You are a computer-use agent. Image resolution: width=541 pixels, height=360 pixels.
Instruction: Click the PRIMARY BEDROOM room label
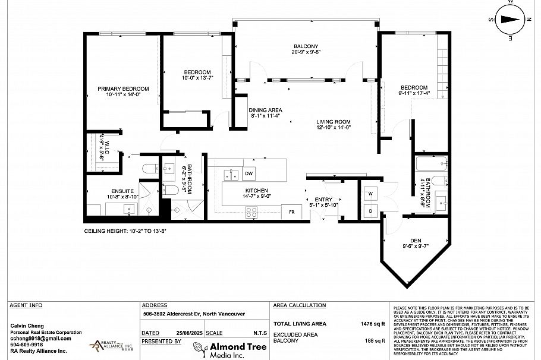[x=123, y=89]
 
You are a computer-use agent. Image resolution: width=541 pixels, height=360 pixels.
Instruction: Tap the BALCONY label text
[x=306, y=46]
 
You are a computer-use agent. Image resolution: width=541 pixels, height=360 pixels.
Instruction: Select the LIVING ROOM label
[x=334, y=122]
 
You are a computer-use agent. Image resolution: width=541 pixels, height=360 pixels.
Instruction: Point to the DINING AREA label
[x=265, y=110]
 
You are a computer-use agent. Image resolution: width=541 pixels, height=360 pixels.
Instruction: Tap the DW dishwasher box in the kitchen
[x=249, y=173]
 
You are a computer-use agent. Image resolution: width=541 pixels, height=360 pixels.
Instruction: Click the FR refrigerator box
[x=292, y=211]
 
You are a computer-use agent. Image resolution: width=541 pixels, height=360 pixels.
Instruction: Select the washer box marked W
[x=369, y=194]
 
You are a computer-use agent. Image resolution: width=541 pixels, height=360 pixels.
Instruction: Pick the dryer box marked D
[x=369, y=211]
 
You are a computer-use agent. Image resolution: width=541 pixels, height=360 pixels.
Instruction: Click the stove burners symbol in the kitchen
[x=251, y=211]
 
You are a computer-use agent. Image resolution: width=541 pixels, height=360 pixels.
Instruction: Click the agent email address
[x=40, y=338]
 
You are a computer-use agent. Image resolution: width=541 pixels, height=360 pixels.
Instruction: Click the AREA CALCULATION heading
[x=299, y=305]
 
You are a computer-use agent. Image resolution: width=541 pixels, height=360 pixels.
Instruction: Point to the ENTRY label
[x=323, y=200]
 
